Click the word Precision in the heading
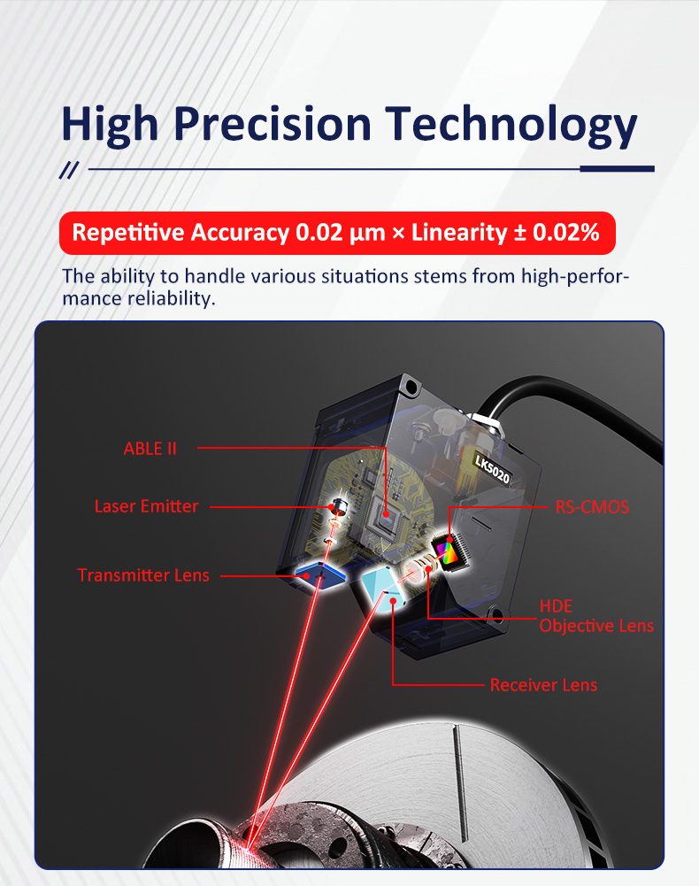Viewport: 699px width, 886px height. (273, 124)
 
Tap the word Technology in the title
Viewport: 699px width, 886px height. (511, 126)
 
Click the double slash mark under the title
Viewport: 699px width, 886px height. (69, 170)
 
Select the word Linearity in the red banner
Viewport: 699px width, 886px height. (459, 233)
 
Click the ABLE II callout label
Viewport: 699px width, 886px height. (150, 449)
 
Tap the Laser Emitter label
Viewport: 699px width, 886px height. (146, 506)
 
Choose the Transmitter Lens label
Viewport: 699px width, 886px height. (143, 575)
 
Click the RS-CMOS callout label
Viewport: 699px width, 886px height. (592, 507)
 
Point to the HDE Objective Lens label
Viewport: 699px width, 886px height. (596, 616)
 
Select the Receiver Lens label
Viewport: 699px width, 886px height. (543, 685)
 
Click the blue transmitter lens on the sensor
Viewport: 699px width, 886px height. (320, 574)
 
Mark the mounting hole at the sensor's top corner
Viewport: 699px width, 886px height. (411, 387)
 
